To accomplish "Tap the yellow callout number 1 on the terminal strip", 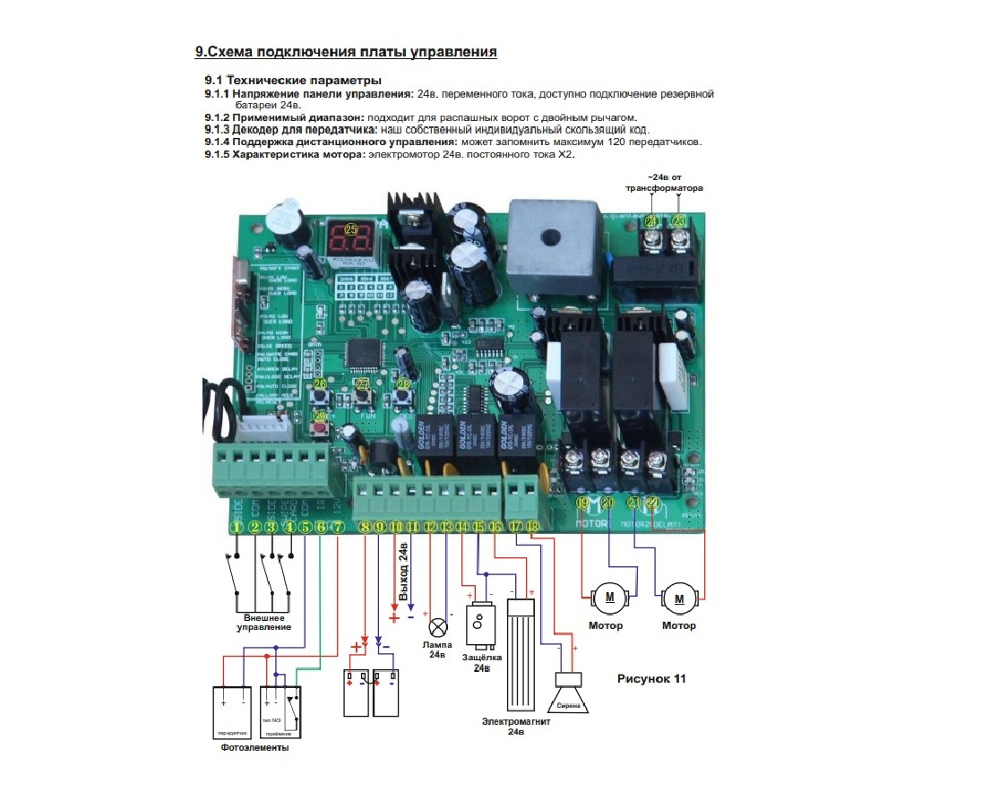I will coord(237,528).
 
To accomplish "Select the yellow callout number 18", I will coord(532,528).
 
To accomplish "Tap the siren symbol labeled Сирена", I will coord(570,699).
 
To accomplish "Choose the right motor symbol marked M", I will coord(678,598).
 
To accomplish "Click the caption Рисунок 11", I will coord(651,678).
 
